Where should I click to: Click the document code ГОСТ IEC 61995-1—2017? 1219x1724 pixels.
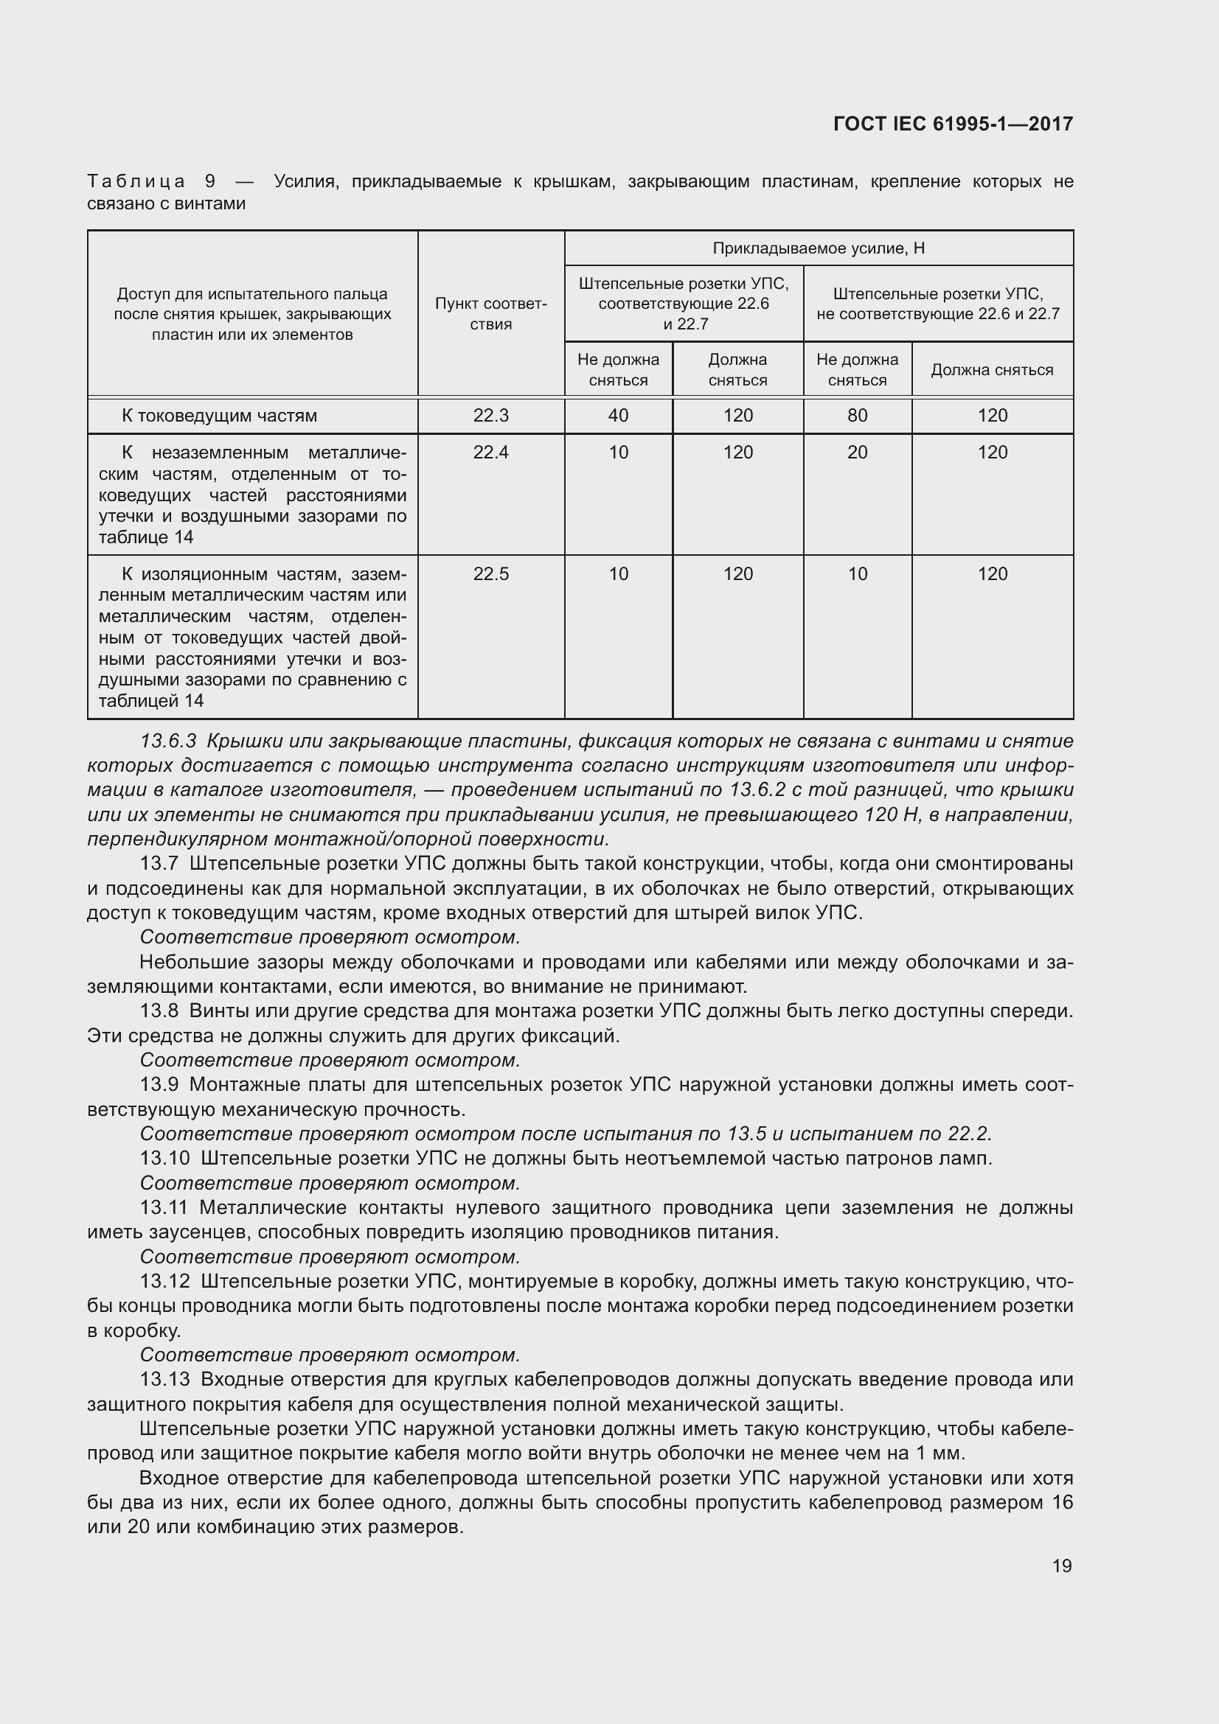click(952, 124)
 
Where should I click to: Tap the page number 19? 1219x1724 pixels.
click(1061, 1566)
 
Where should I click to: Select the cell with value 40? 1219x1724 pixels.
click(617, 415)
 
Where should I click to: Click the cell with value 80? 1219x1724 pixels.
click(857, 415)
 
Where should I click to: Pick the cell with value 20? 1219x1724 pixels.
click(857, 452)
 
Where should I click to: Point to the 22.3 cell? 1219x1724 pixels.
click(490, 415)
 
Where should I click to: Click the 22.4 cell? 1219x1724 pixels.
click(490, 452)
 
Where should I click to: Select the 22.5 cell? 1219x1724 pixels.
click(490, 573)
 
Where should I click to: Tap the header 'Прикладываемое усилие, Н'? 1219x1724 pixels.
click(818, 248)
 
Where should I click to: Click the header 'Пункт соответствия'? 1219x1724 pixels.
click(490, 314)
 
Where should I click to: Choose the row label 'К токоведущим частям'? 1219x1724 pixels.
click(219, 415)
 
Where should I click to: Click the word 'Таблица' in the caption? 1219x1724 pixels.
click(136, 181)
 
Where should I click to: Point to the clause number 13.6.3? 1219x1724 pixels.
click(167, 741)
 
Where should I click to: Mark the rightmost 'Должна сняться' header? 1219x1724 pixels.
click(991, 369)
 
